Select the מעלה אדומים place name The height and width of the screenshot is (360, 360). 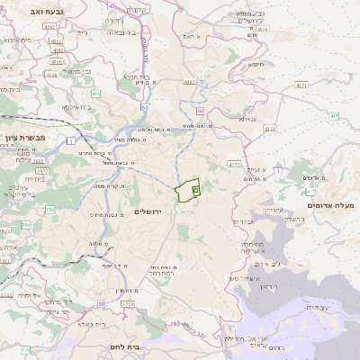tap(331, 206)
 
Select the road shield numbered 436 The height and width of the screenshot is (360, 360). tap(95, 93)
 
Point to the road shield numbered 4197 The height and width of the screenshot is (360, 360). tap(190, 82)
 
